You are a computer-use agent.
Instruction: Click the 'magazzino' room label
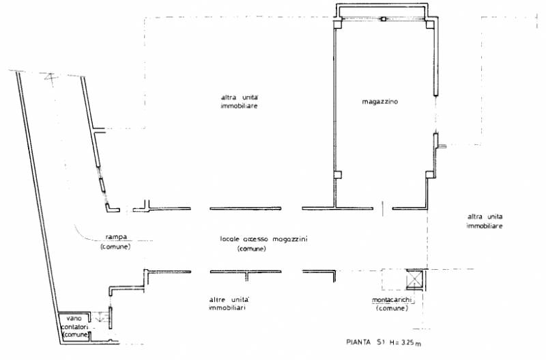tap(380, 102)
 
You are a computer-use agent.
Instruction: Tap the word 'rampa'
tap(116, 237)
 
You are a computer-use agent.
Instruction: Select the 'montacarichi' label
tap(392, 300)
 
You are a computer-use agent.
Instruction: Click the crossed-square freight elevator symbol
tap(415, 279)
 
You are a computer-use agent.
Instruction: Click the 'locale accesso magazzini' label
tap(263, 239)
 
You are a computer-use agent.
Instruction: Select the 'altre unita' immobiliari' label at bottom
tap(229, 303)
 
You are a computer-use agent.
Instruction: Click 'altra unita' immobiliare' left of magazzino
tap(240, 101)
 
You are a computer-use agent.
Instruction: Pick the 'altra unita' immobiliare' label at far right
tap(485, 221)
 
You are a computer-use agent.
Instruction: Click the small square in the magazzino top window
tap(384, 19)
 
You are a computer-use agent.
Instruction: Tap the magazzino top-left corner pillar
tap(338, 24)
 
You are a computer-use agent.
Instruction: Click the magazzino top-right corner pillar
tap(430, 24)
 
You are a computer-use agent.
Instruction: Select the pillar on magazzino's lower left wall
tap(338, 175)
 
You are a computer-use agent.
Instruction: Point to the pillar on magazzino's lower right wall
tap(430, 175)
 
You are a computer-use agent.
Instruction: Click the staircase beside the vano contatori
tap(101, 317)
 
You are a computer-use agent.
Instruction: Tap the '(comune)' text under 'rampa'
tap(115, 247)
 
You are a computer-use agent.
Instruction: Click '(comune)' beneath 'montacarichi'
tap(392, 308)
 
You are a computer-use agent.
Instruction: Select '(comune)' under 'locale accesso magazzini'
tap(251, 249)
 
